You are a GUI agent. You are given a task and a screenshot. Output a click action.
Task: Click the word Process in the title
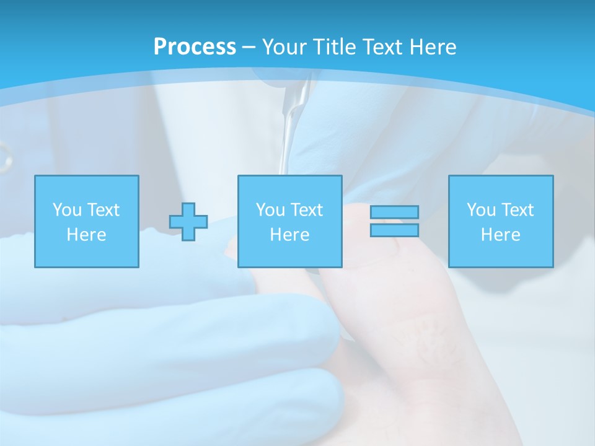(x=195, y=46)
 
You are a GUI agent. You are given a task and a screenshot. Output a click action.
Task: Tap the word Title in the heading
(x=333, y=47)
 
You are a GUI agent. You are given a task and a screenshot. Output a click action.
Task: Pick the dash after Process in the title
(x=249, y=48)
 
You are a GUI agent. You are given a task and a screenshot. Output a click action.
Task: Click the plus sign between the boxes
(x=188, y=222)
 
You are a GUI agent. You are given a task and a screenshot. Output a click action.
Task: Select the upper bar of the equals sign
(x=394, y=212)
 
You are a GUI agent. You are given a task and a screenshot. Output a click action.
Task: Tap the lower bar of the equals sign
(x=394, y=230)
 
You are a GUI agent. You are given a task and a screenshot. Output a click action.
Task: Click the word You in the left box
(x=67, y=210)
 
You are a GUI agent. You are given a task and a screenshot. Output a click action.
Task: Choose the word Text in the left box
(x=102, y=210)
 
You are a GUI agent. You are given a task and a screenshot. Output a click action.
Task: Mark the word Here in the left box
(x=86, y=235)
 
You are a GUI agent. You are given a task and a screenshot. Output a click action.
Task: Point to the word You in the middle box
(x=270, y=210)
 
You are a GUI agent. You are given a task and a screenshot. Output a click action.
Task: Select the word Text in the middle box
(x=306, y=210)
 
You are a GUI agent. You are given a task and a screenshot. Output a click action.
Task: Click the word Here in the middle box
(x=289, y=235)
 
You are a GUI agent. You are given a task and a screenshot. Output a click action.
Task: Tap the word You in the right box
(x=481, y=210)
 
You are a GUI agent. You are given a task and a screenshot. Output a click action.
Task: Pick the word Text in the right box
(x=516, y=210)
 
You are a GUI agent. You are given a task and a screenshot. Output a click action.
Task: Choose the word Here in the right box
(x=500, y=235)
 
